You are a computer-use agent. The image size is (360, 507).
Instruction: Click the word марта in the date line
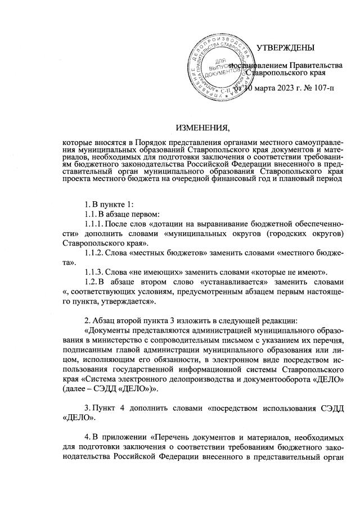pos(253,88)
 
